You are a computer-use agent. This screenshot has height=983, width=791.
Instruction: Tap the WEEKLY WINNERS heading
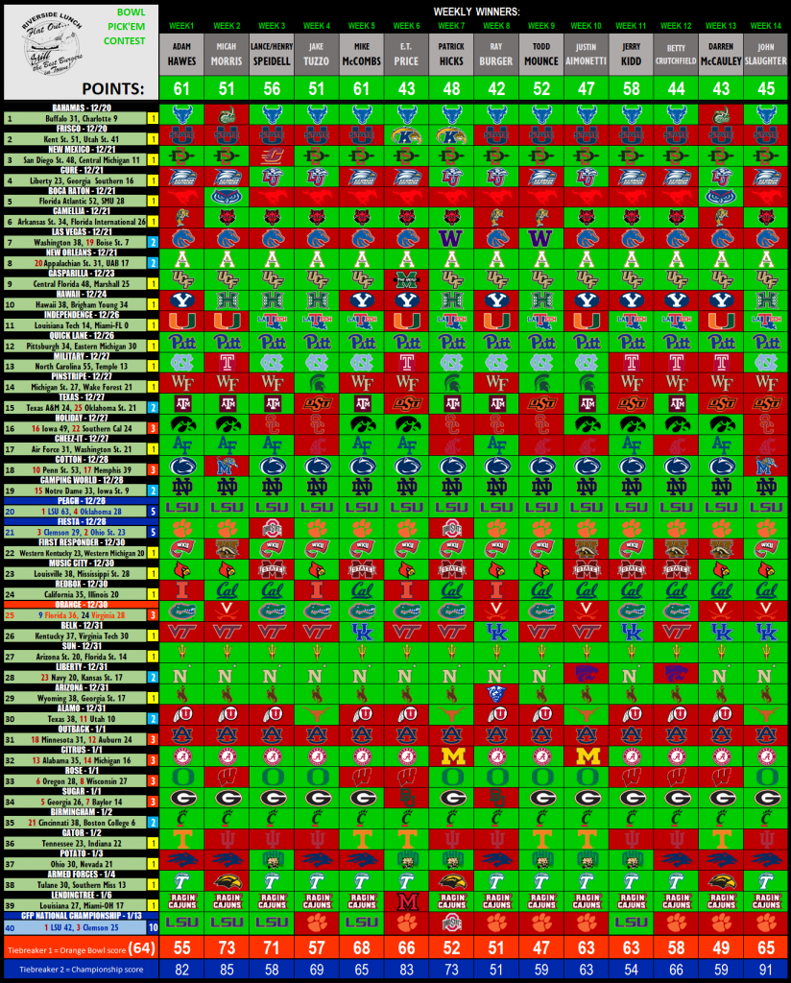click(x=475, y=9)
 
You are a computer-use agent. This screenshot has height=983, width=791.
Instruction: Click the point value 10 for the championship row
click(x=153, y=927)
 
